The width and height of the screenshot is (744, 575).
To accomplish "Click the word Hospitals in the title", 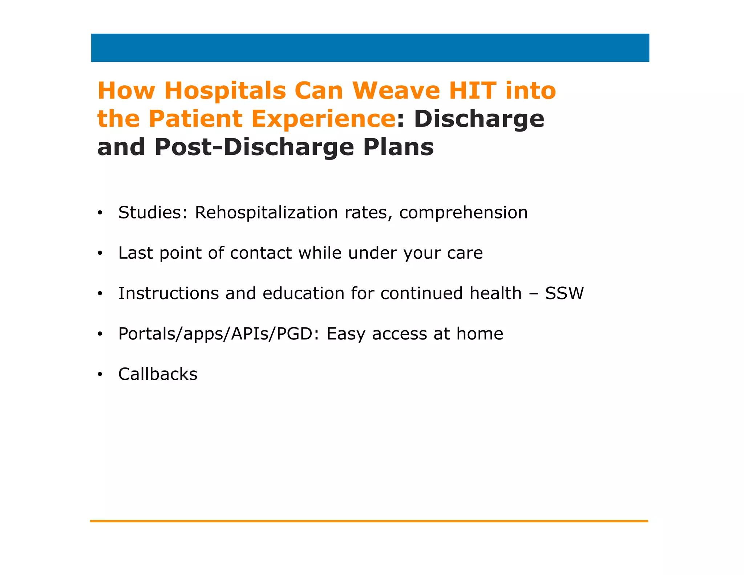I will (225, 91).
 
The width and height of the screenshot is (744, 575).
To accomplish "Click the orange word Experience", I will (323, 119).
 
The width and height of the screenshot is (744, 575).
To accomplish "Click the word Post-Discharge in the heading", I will (254, 147).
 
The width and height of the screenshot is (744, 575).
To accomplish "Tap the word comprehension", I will (463, 213).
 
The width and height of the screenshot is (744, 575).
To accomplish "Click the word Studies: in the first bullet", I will (153, 212).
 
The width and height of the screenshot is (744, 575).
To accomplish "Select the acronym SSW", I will (564, 293).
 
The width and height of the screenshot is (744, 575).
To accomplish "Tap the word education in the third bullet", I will (303, 293).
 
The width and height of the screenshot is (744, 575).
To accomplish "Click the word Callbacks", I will (158, 374).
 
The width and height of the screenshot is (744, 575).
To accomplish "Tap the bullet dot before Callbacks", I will (100, 374).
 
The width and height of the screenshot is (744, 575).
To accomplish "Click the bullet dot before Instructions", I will (100, 294).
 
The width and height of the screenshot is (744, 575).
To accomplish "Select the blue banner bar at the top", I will (370, 48).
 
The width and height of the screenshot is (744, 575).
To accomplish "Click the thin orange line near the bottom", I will (369, 521).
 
